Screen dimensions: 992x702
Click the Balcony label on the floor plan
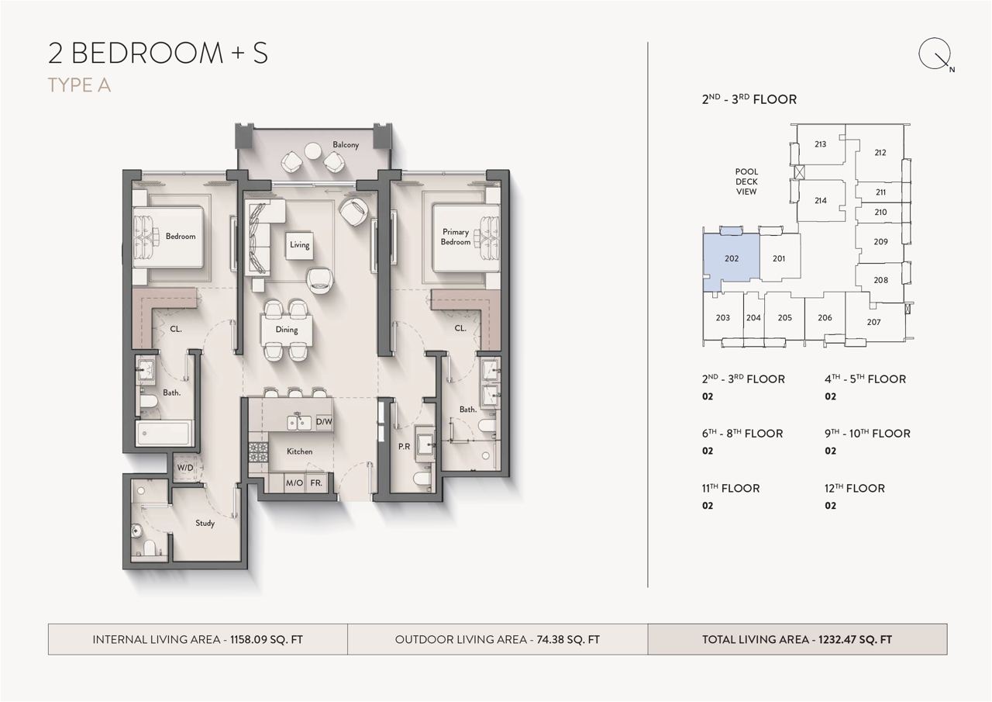point(346,145)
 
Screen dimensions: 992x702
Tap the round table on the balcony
point(313,150)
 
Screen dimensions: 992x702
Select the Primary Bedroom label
point(455,237)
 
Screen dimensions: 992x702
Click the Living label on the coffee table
point(299,244)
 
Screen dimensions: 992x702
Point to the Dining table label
point(287,330)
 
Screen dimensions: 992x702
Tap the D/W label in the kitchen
point(324,421)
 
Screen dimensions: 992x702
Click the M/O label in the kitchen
point(294,482)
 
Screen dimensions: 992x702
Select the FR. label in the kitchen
point(316,482)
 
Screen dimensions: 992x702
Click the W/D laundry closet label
point(185,468)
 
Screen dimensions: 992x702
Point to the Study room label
point(205,523)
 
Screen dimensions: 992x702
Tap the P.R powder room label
point(404,447)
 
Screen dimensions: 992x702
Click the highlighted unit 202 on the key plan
point(731,258)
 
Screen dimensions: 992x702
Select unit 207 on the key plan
point(873,322)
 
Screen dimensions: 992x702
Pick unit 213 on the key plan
point(820,144)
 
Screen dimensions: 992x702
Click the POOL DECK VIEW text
point(746,182)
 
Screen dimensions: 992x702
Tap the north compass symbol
point(935,55)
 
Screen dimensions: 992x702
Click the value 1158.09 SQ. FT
point(266,639)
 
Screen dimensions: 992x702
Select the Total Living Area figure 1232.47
point(836,639)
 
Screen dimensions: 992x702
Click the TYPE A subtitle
point(79,85)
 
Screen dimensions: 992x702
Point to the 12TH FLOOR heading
point(855,489)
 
